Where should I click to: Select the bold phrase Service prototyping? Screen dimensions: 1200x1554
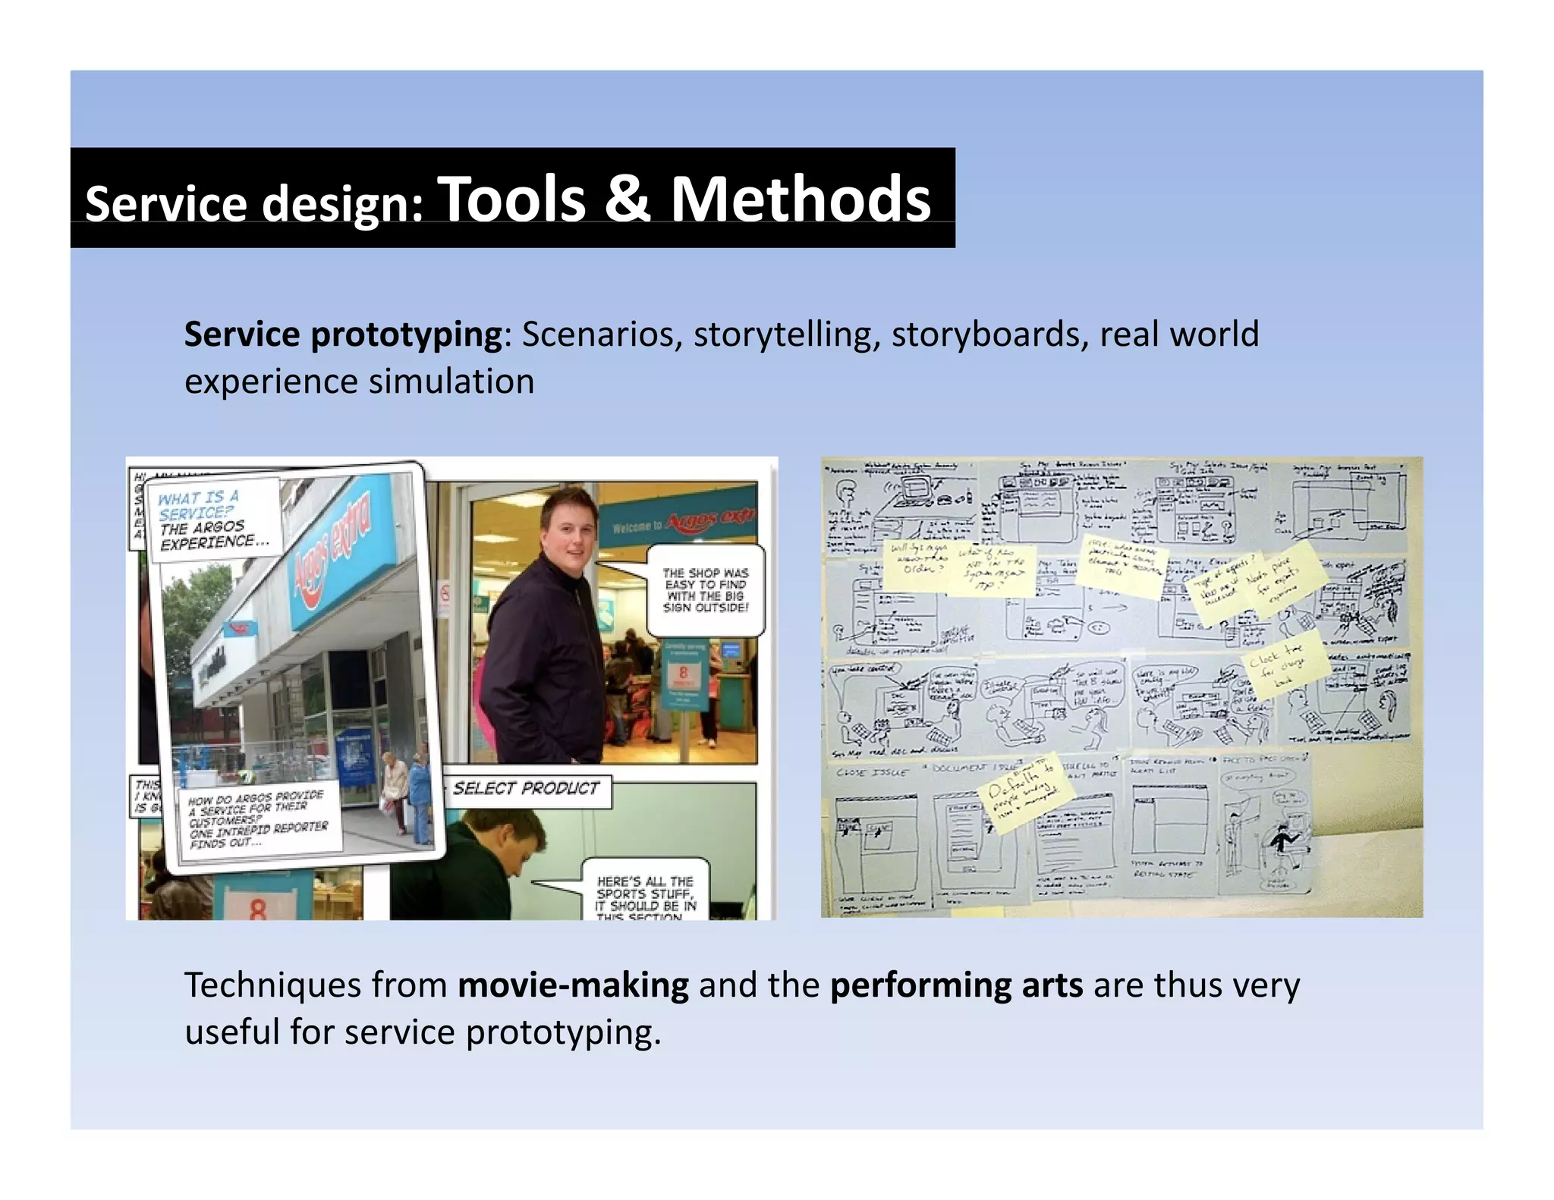[x=343, y=335]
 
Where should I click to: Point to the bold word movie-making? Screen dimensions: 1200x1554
[x=573, y=985]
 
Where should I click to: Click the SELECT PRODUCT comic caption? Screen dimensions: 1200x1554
[x=526, y=789]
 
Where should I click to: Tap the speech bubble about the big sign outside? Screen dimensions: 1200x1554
[x=705, y=590]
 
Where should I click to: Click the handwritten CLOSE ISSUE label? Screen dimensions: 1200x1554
[x=872, y=772]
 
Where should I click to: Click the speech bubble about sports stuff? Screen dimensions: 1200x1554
[x=645, y=895]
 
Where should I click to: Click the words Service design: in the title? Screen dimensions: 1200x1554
[x=254, y=204]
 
